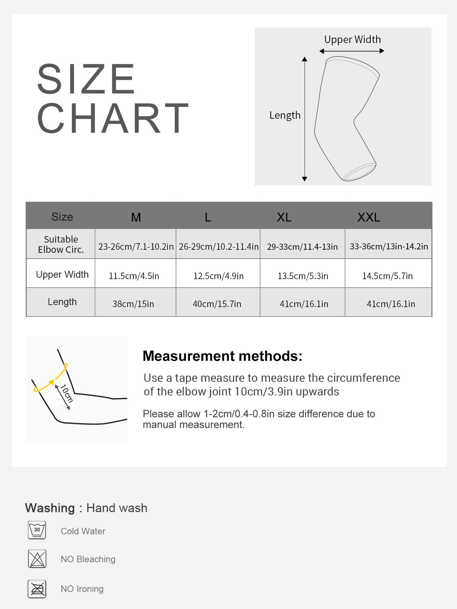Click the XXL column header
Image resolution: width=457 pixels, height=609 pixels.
coord(369,217)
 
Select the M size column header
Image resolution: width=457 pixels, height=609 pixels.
coord(136,217)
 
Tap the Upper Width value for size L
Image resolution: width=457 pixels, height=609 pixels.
coord(218,276)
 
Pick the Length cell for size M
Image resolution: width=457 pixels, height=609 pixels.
coord(133,304)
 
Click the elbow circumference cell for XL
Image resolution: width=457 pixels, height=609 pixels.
coord(302,246)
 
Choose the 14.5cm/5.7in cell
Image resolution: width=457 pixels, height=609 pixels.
coord(387,276)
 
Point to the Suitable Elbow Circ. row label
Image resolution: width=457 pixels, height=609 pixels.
coord(61,244)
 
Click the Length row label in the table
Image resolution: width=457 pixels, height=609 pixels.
coord(62,302)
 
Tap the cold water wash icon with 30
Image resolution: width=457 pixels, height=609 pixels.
coord(37,530)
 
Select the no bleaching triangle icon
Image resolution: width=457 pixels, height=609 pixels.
coord(37,559)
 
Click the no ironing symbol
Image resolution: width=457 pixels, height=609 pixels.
coord(37,589)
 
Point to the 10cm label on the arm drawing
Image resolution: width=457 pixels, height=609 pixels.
coord(67,393)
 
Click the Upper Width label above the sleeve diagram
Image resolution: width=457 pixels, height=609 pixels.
coord(352,40)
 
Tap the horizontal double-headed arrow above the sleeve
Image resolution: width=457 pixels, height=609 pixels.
coord(352,51)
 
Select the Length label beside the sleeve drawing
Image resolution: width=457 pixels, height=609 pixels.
coord(285,115)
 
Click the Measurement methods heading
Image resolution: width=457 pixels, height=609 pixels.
coord(222,356)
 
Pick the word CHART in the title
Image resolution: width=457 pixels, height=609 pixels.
coord(113,118)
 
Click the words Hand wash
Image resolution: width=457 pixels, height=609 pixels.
coord(117,508)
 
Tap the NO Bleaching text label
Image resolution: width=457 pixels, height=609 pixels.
coord(88,559)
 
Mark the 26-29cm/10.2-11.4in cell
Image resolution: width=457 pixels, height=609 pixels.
coord(218,246)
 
